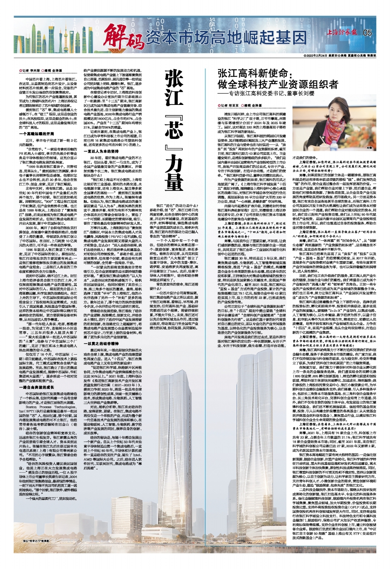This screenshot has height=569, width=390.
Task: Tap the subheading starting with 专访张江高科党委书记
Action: (x=286, y=99)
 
